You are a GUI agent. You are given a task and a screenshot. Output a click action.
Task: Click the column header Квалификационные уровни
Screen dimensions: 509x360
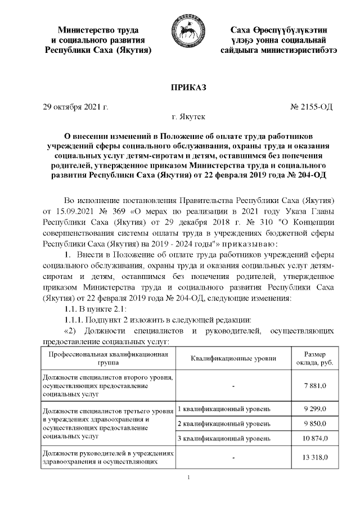pyautogui.click(x=233, y=358)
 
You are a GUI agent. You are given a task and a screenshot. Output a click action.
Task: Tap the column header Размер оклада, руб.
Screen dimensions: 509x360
pyautogui.click(x=314, y=358)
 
